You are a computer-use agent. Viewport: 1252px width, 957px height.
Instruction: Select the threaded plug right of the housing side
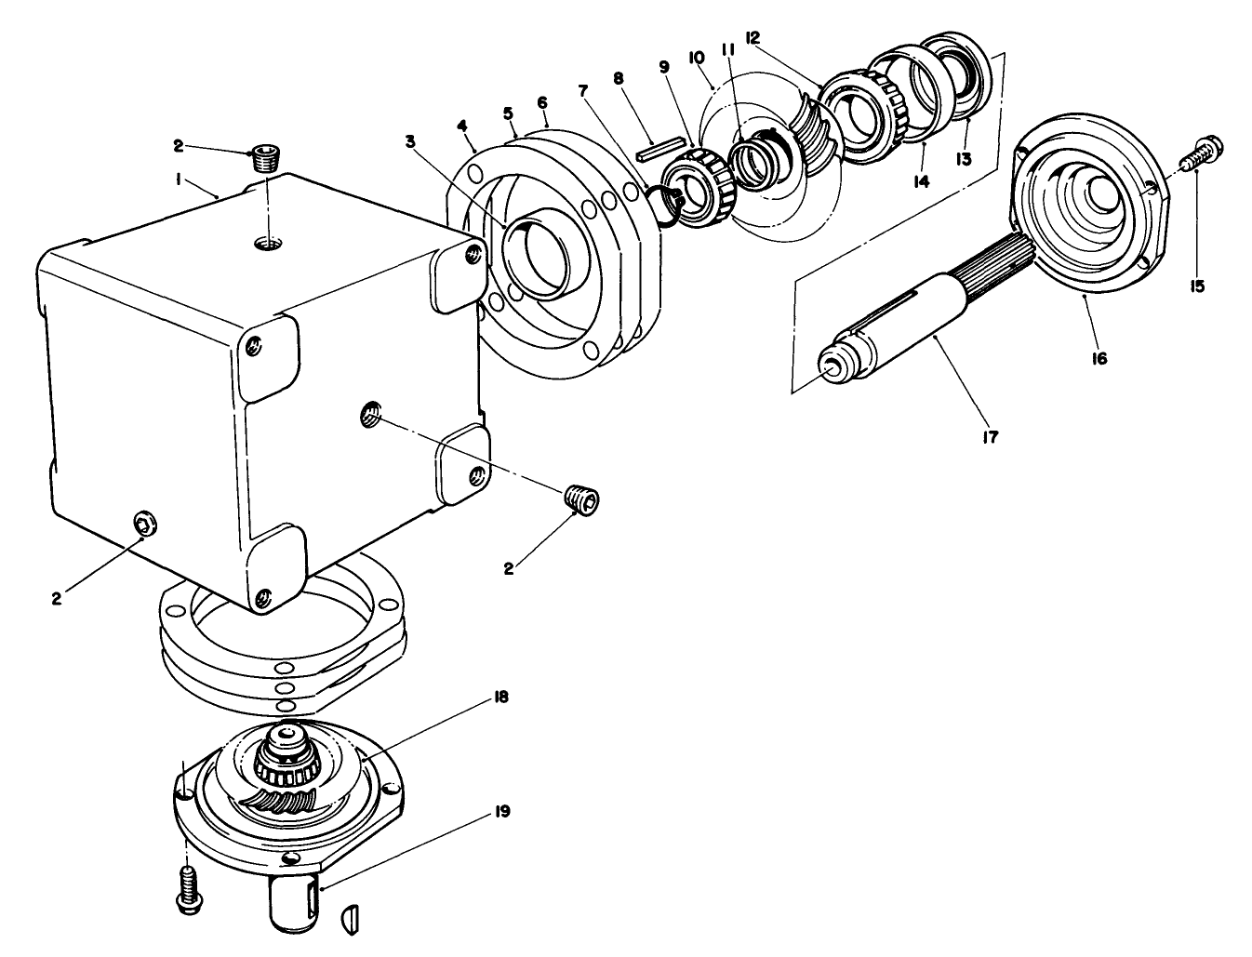point(583,498)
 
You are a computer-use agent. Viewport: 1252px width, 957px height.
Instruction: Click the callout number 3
point(410,141)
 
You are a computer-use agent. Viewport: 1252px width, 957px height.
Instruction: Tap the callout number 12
point(753,38)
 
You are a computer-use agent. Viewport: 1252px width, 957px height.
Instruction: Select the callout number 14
point(920,182)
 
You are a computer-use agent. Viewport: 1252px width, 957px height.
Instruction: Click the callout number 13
point(963,158)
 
